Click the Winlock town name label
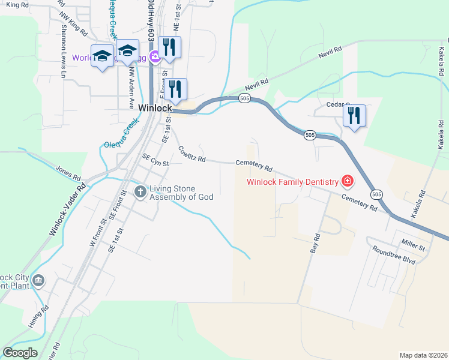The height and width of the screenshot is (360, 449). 155,108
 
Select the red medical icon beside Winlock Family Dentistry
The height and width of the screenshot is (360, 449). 346,181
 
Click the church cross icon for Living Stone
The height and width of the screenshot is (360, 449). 140,192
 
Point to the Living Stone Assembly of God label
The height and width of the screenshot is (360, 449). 181,193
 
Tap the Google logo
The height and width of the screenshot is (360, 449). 20,352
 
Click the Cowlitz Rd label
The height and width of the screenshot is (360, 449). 191,155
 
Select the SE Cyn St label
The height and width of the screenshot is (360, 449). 155,161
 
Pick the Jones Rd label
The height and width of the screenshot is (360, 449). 68,173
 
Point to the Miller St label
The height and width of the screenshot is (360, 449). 414,246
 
